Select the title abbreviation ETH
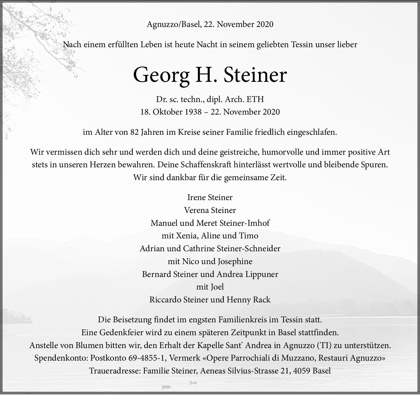(x=255, y=99)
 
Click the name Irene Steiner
(x=210, y=197)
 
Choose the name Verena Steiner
(x=210, y=210)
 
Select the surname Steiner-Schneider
(x=248, y=248)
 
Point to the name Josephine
(x=235, y=261)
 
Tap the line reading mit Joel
(x=210, y=287)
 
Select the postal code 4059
(x=302, y=371)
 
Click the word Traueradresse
(x=115, y=371)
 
